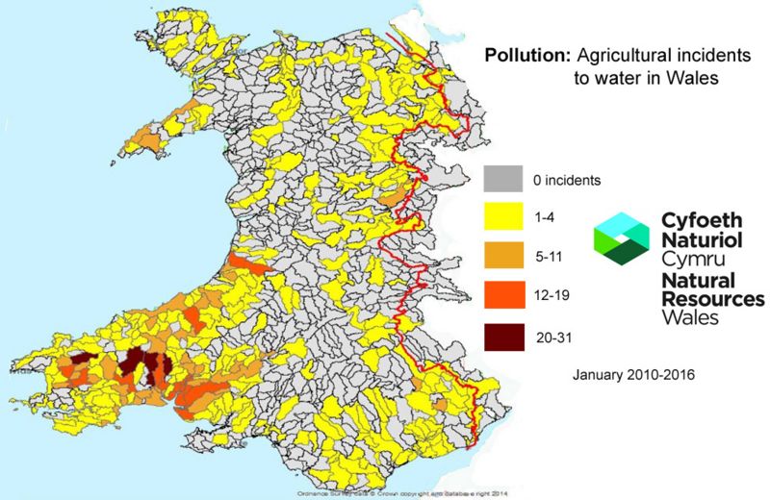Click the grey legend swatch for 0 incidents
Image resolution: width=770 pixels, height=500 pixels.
503,180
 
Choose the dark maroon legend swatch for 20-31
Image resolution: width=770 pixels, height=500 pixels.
503,337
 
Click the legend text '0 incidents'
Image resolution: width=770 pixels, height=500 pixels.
568,180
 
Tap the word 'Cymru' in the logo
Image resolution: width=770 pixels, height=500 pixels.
689,260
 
